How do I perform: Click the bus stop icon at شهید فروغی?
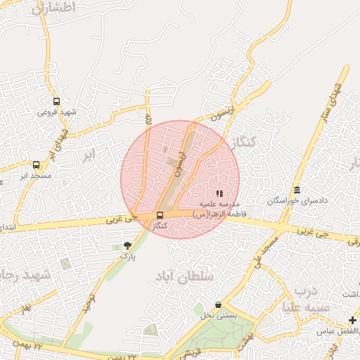(x=56, y=101)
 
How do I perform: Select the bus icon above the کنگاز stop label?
(x=160, y=215)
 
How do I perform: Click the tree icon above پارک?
(x=127, y=245)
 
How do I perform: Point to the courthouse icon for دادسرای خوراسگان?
(x=297, y=191)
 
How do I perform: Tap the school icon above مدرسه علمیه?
(x=219, y=193)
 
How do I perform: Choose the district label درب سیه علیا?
(x=307, y=298)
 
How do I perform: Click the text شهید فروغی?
(x=56, y=112)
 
